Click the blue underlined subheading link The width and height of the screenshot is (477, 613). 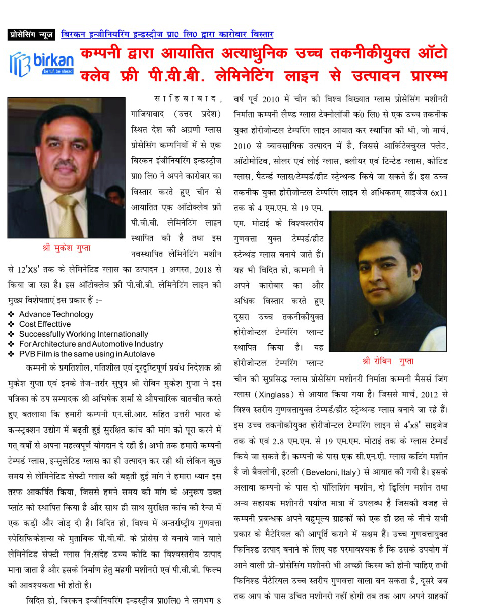[x=167, y=35]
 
